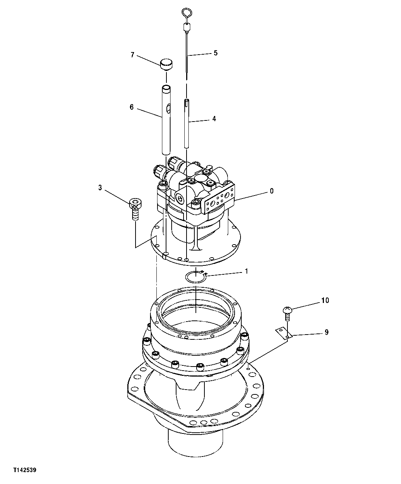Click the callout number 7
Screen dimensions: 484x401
pos(132,55)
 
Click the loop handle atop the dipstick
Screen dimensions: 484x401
pos(186,14)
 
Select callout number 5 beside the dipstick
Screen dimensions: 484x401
pos(215,53)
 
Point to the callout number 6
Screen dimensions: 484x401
pos(131,107)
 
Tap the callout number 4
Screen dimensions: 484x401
pos(214,119)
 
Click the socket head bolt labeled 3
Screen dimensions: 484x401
pos(135,210)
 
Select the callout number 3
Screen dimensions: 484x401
pos(100,188)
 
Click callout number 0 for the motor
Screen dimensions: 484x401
pos(271,191)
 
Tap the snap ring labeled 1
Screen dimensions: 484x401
pos(196,277)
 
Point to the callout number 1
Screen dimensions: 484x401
pos(246,271)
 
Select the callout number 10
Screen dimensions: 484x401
pos(325,300)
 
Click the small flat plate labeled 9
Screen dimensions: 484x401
pos(283,333)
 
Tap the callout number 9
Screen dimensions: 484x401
pos(326,332)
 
